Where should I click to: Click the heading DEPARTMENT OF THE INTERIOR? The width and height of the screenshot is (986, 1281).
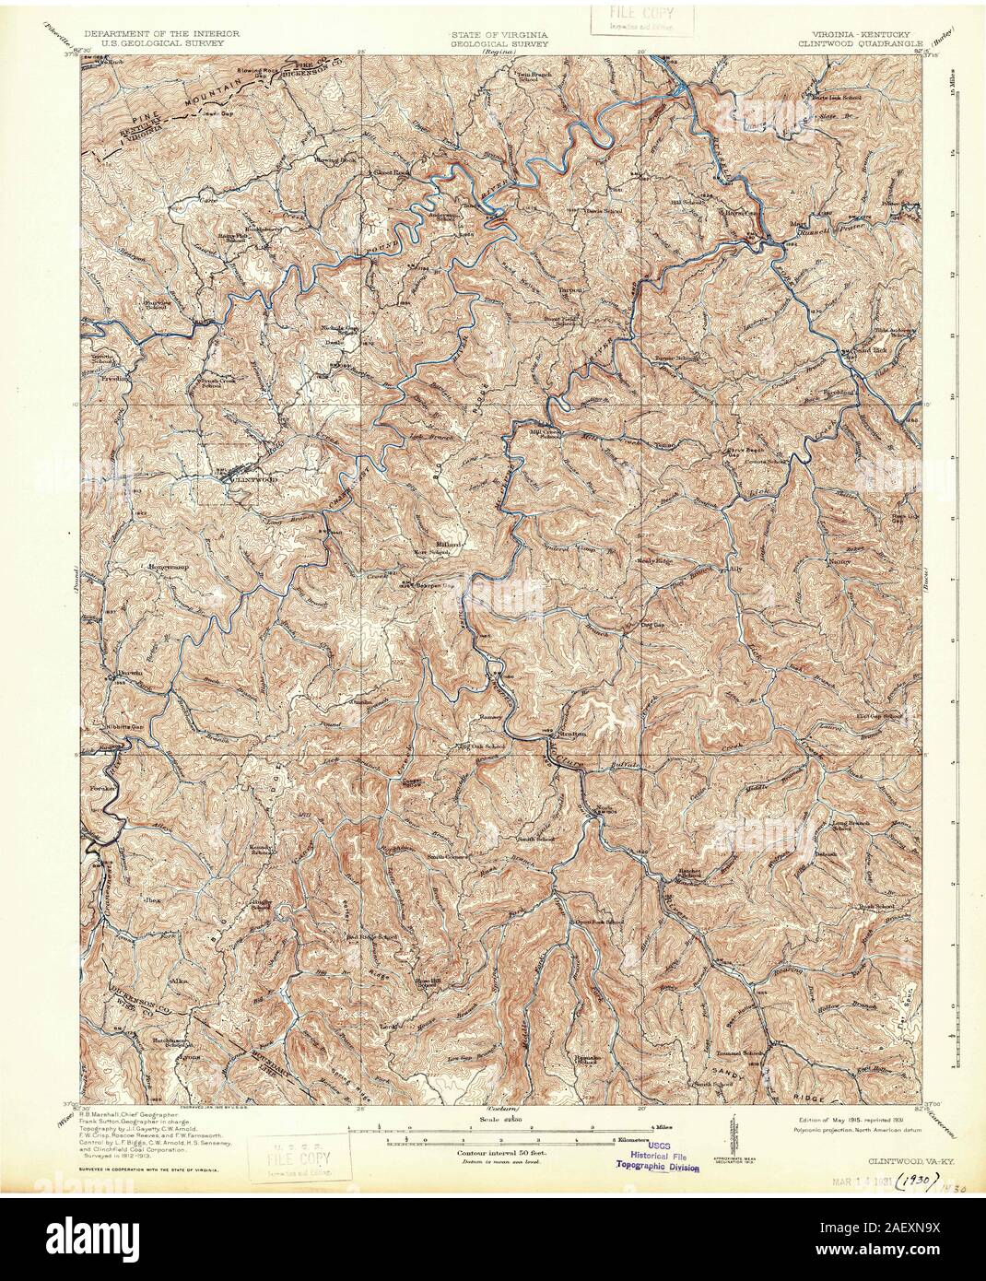pos(149,33)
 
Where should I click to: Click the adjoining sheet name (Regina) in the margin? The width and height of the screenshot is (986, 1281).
pos(499,53)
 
